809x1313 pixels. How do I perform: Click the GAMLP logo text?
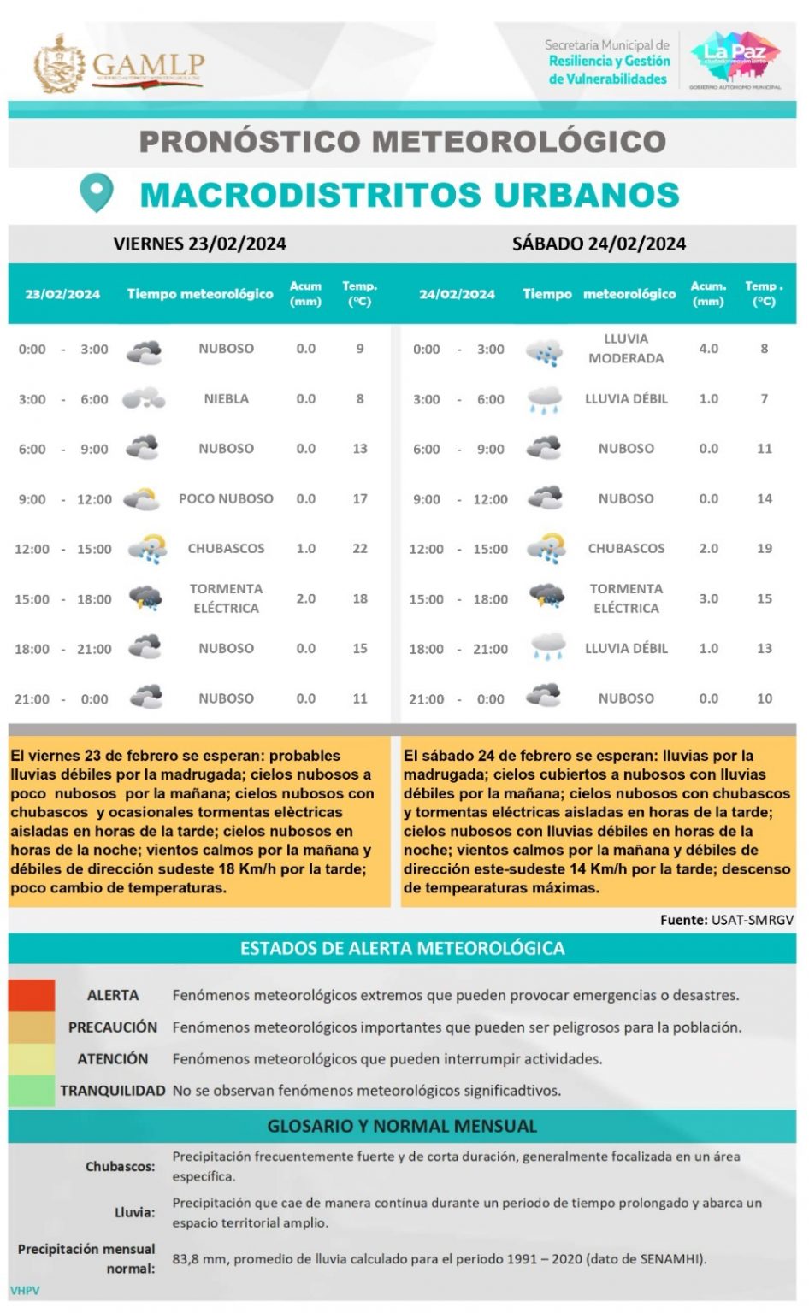tap(147, 64)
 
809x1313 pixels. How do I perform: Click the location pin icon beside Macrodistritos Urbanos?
tap(96, 192)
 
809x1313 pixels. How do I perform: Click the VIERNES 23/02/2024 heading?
tap(199, 244)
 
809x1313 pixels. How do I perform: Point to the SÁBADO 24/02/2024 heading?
tap(599, 244)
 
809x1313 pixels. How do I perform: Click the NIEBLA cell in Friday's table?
tap(226, 398)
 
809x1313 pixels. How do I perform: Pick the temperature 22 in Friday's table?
tap(360, 548)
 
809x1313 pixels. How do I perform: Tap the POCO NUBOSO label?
tap(226, 498)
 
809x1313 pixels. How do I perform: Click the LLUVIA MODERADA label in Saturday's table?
tap(626, 349)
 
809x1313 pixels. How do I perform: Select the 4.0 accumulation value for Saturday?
tap(708, 349)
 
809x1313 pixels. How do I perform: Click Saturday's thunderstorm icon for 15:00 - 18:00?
tap(546, 598)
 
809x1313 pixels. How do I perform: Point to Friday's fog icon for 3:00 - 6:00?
tap(144, 398)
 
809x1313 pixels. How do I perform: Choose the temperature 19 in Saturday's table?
tap(764, 548)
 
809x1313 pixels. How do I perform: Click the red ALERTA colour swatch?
tap(32, 995)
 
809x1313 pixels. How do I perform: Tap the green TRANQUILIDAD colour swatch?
tap(32, 1091)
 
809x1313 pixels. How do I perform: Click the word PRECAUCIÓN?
tap(113, 1027)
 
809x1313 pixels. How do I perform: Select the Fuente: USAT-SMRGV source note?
tap(726, 920)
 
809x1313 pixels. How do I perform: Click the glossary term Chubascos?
tap(120, 1166)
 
